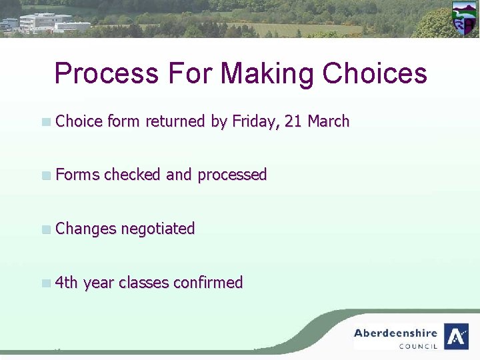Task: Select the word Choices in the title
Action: [x=375, y=73]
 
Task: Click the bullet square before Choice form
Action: [x=45, y=122]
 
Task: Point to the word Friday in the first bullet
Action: [x=255, y=121]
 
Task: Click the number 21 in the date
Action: [x=293, y=121]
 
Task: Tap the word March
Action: [x=328, y=121]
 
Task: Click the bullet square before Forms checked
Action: [x=45, y=176]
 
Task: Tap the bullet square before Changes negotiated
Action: [x=45, y=229]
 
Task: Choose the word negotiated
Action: [x=157, y=229]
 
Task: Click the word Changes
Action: [x=85, y=229]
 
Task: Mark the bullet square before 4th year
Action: [x=45, y=283]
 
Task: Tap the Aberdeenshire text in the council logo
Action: [x=395, y=333]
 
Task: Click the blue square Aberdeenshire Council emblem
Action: [x=456, y=336]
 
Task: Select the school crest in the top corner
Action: [x=464, y=18]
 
